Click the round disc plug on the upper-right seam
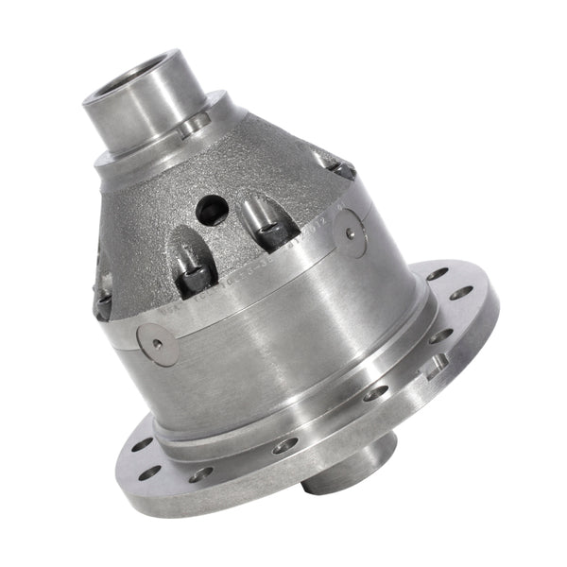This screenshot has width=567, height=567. pyautogui.click(x=354, y=236)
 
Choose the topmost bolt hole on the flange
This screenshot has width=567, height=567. pyautogui.click(x=436, y=273)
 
